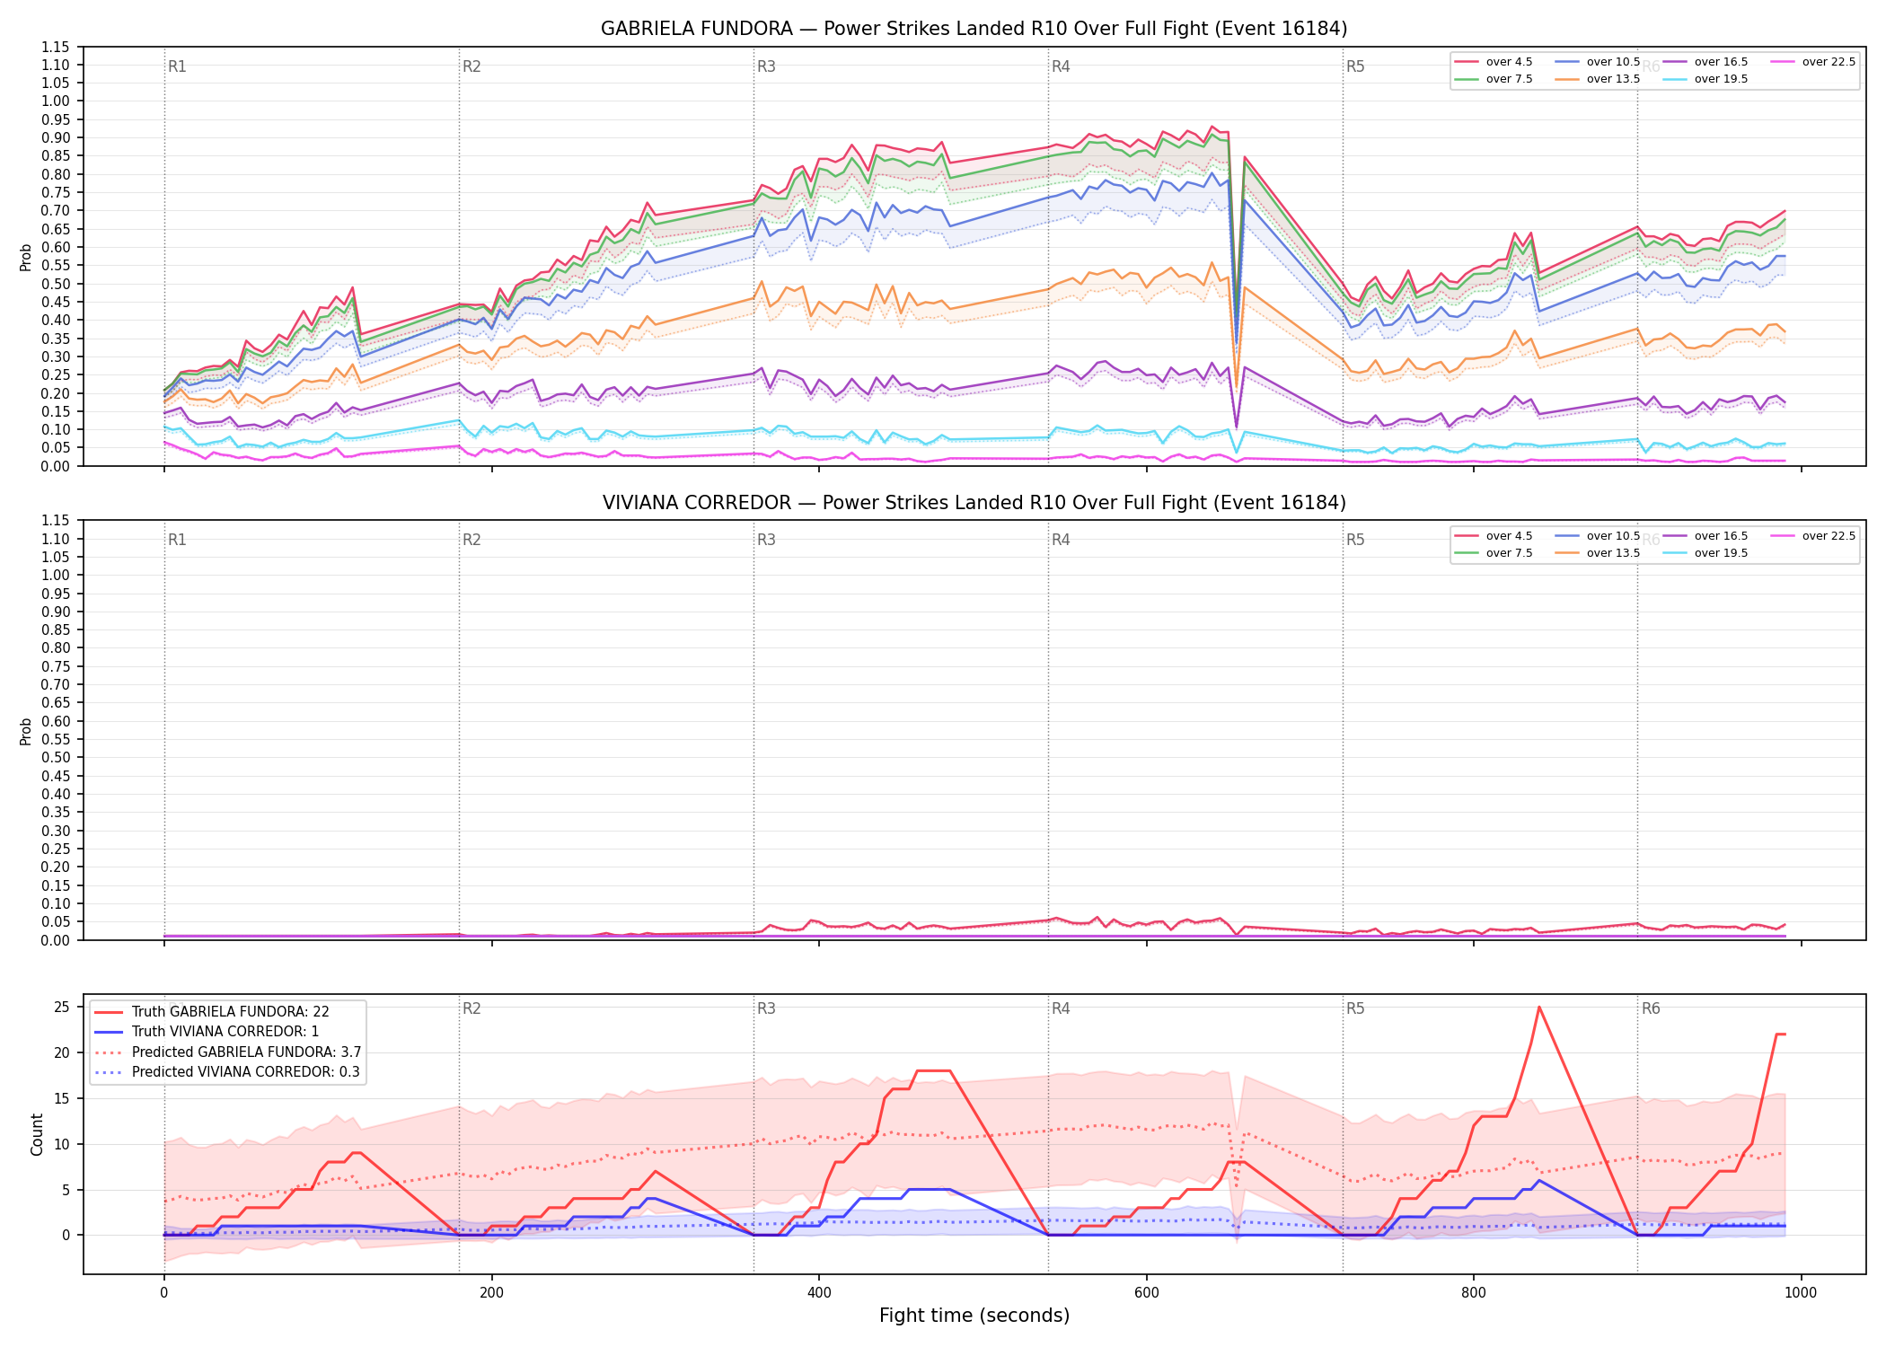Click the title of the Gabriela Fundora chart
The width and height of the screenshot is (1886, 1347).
point(974,29)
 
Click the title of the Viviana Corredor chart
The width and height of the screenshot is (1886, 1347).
point(974,503)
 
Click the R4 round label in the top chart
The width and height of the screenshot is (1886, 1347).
point(1061,66)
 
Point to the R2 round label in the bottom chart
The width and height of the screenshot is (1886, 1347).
point(471,1008)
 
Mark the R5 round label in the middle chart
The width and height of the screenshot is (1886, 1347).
point(1355,540)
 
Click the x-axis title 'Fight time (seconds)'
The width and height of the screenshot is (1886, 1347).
point(974,1316)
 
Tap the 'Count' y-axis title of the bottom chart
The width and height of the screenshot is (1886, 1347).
point(37,1134)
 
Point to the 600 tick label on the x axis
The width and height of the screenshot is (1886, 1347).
point(1146,1293)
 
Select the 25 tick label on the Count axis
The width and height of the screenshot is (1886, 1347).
point(62,1008)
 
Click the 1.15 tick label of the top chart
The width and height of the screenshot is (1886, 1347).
point(56,47)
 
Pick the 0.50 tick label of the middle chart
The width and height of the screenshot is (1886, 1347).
point(56,758)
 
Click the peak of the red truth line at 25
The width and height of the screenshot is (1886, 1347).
point(1538,1007)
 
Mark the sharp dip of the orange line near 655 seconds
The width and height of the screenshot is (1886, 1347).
point(1237,387)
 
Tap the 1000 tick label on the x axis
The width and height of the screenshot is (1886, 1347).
point(1801,1293)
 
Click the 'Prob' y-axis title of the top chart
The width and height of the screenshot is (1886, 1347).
point(26,258)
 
